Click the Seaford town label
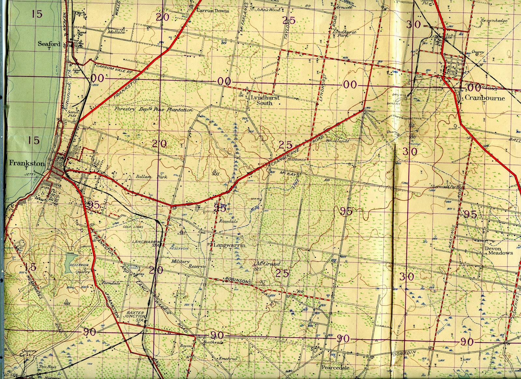(x=49, y=44)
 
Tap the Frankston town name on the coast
(x=26, y=163)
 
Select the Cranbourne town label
(x=485, y=98)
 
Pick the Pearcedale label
(x=335, y=367)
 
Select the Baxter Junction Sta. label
(x=135, y=316)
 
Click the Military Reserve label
(x=189, y=264)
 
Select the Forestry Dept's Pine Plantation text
(x=153, y=110)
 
